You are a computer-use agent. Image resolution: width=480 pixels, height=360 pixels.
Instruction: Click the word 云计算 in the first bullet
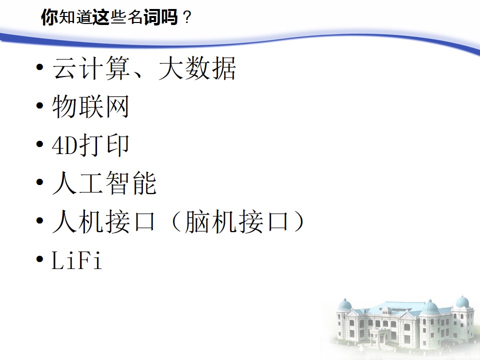click(x=91, y=68)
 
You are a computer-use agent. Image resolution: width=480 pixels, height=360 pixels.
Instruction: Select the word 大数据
click(x=197, y=68)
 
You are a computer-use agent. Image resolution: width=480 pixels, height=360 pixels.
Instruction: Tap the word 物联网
click(x=90, y=106)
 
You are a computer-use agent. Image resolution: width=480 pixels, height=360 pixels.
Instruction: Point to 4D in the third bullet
click(x=65, y=145)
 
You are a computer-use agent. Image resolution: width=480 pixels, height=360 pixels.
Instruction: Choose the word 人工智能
click(x=104, y=183)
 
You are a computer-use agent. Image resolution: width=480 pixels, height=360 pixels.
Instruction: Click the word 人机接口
click(x=104, y=221)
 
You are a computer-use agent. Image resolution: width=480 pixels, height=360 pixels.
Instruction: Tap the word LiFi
click(x=76, y=260)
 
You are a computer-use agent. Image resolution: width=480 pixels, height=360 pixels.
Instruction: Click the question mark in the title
click(x=186, y=18)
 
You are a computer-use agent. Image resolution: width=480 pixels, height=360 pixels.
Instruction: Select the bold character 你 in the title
click(x=49, y=17)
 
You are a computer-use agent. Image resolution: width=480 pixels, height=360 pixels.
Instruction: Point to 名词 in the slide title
click(x=144, y=17)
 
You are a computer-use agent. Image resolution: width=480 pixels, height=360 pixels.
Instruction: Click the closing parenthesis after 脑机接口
click(x=298, y=221)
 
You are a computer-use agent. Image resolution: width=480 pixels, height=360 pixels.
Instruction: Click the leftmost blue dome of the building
click(x=345, y=304)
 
